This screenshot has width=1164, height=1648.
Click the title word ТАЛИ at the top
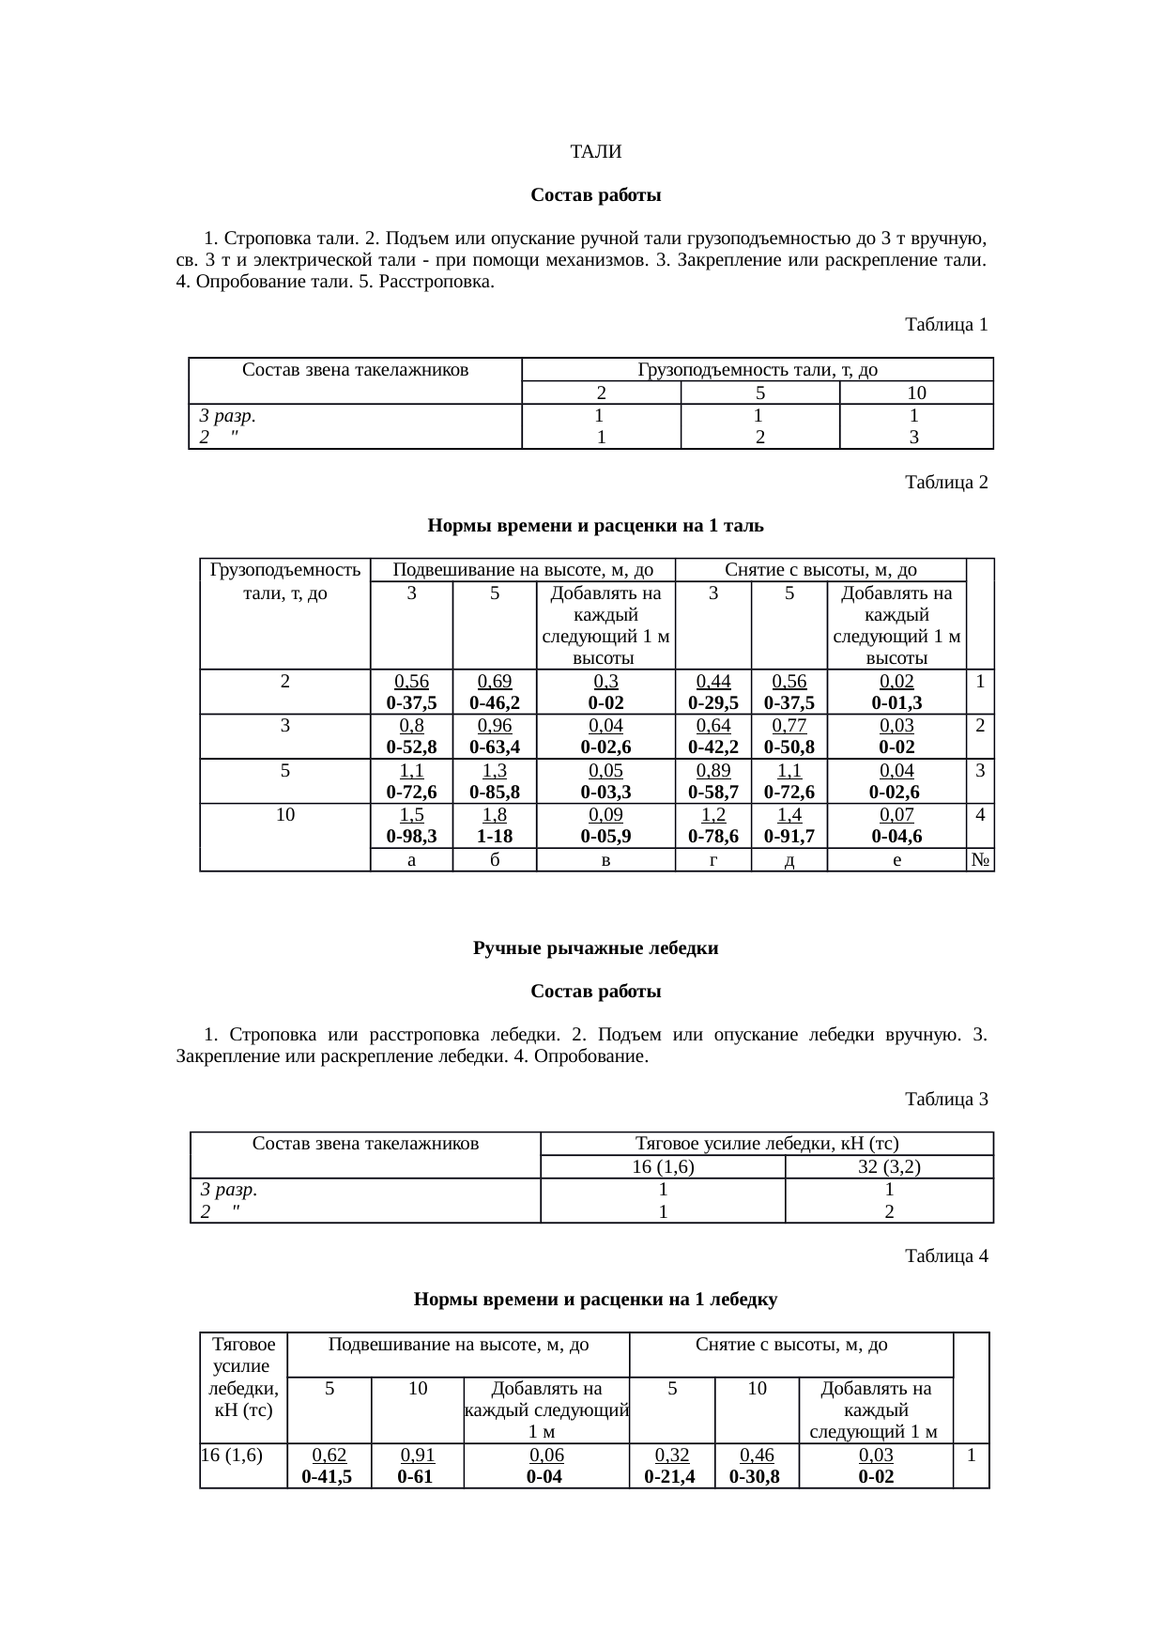pyautogui.click(x=595, y=152)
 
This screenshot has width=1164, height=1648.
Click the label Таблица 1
pyautogui.click(x=945, y=325)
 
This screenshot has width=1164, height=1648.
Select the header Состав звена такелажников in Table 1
pyautogui.click(x=355, y=370)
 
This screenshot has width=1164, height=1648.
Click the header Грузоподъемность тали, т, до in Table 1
pyautogui.click(x=758, y=370)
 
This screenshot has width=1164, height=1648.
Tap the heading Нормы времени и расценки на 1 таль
pyautogui.click(x=595, y=526)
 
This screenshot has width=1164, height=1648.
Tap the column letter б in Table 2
pyautogui.click(x=494, y=860)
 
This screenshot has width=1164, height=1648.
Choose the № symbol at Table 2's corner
pyautogui.click(x=980, y=860)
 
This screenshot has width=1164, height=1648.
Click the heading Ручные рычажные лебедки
pyautogui.click(x=595, y=948)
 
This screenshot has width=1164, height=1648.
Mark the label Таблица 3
pyautogui.click(x=945, y=1099)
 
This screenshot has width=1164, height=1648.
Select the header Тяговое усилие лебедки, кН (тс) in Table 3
pyautogui.click(x=767, y=1144)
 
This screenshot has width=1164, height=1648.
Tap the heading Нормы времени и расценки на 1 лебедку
pyautogui.click(x=595, y=1300)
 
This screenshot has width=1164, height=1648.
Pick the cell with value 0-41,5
pyautogui.click(x=328, y=1477)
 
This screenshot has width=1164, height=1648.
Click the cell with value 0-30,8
pyautogui.click(x=756, y=1477)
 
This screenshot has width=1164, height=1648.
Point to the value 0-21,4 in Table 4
pyautogui.click(x=671, y=1477)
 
